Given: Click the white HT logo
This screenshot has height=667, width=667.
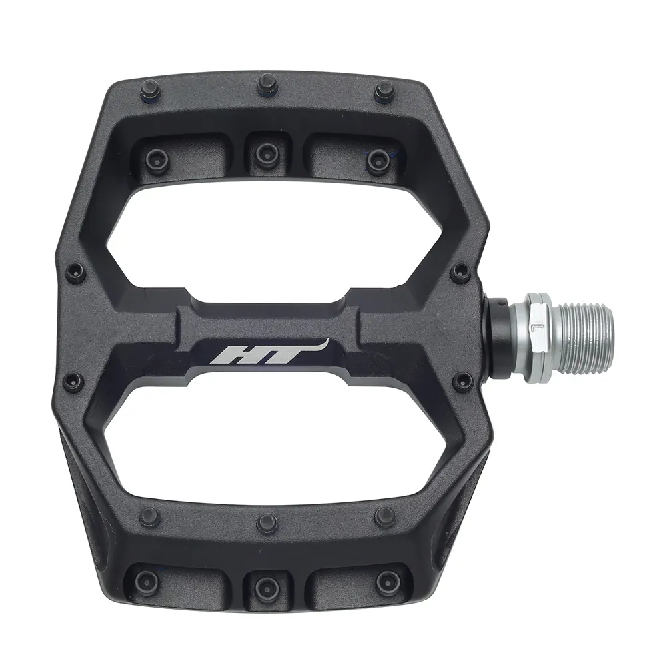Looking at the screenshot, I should (267, 351).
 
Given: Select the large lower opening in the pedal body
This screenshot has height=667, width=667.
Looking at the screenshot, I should (293, 444).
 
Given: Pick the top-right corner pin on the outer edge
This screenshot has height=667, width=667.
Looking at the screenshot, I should (384, 89).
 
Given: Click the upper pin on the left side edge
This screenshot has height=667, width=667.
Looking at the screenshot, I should (75, 271).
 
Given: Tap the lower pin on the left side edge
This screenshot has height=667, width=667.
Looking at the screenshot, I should (74, 382).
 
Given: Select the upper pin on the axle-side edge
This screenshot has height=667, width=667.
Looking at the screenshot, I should (460, 271).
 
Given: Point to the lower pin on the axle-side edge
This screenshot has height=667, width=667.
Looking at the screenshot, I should (462, 382).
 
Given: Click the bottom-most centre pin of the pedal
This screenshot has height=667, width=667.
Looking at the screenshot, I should (267, 586).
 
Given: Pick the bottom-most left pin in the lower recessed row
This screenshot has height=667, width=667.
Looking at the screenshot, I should (149, 580).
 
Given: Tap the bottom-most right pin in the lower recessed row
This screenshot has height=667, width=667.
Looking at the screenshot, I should (387, 582).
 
